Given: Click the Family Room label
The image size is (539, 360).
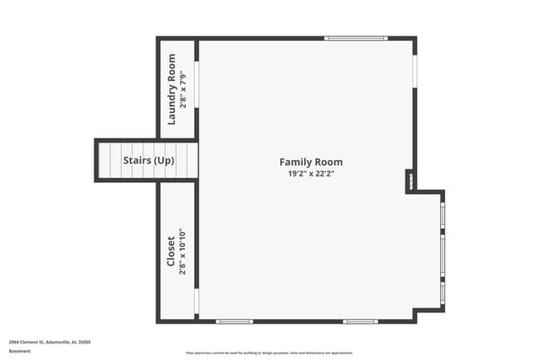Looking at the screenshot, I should point(310,162).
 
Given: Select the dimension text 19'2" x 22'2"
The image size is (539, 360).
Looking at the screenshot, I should point(310,174).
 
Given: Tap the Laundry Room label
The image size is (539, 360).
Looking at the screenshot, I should point(172,89).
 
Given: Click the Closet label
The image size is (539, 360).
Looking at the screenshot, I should point(171,251).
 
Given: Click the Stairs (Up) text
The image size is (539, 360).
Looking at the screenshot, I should point(148,160).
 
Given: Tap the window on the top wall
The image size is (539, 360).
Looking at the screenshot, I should point(356,38).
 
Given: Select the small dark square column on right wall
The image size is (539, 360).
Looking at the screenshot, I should point(410,181).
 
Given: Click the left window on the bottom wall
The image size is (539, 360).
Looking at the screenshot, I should point(235,321).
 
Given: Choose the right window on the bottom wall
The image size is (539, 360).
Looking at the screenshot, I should point(361,321).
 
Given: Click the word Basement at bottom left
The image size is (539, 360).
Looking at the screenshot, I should point(19,351).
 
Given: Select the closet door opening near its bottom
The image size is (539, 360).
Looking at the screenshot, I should point(197,301).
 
